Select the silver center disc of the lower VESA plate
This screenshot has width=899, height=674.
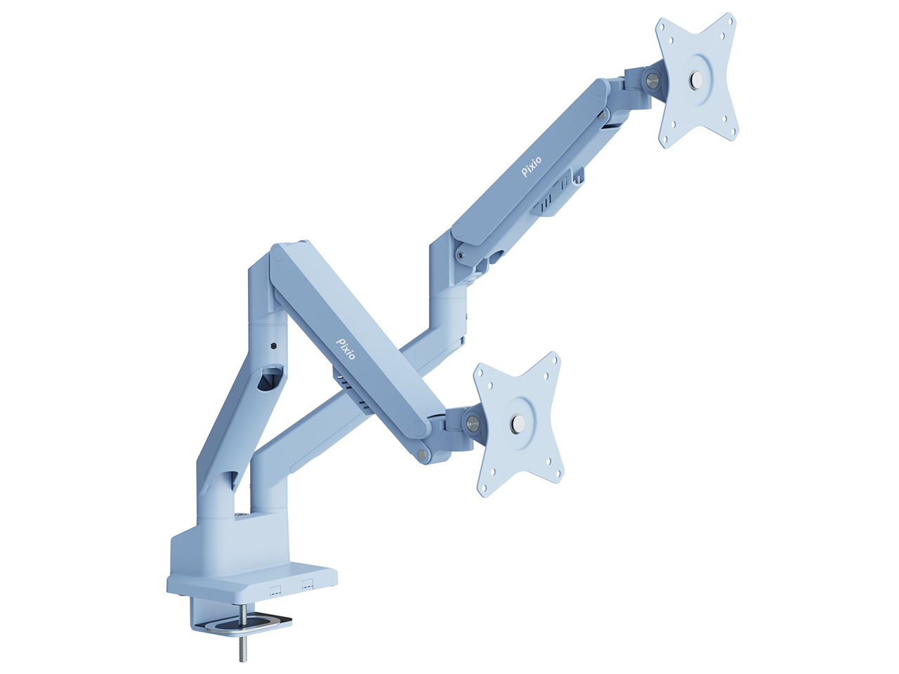(518, 423)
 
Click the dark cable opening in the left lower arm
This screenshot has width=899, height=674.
(268, 381)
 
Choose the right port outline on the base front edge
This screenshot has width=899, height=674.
(307, 583)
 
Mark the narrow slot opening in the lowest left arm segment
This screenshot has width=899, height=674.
(229, 480)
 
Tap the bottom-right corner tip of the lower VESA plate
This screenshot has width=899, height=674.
(560, 481)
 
